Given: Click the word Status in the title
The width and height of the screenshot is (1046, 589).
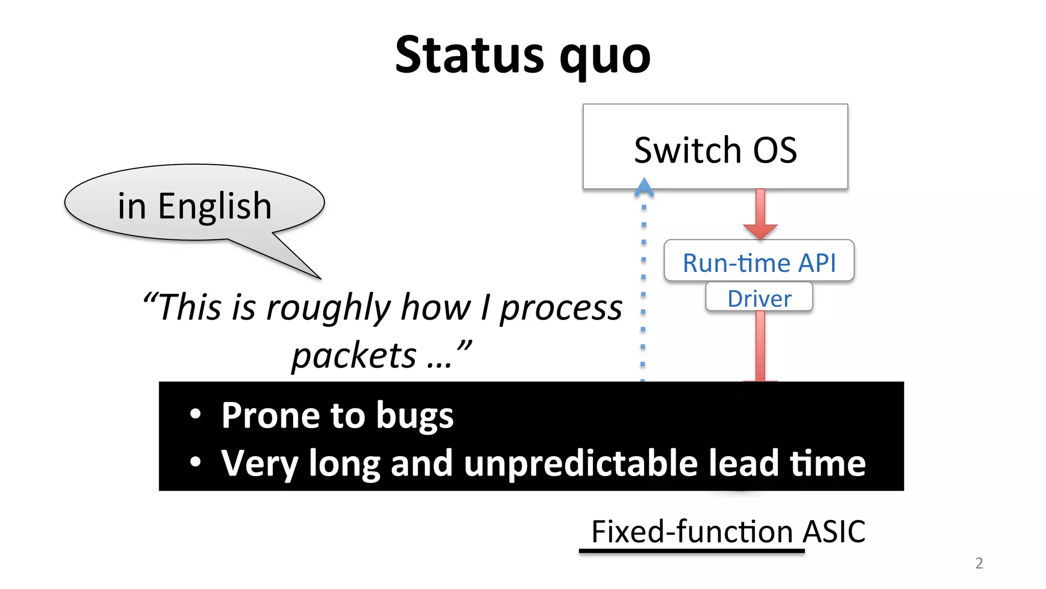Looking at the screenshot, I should click(x=469, y=55).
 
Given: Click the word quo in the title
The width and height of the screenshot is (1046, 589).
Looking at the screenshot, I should click(x=605, y=57).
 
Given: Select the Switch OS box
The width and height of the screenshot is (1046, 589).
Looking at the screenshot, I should click(x=715, y=147).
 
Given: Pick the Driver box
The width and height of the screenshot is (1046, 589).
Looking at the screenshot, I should click(x=759, y=298).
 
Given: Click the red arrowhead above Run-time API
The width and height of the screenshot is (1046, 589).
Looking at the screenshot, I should click(x=760, y=230).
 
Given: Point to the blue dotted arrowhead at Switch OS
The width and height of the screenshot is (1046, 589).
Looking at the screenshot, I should click(x=644, y=187).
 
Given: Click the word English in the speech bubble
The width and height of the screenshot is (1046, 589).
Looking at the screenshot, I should click(x=215, y=206).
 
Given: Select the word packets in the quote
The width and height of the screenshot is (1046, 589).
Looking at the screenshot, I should click(x=354, y=355).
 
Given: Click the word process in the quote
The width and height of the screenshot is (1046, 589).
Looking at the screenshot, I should click(x=560, y=308).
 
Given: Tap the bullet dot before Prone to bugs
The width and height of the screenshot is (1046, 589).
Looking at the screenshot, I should click(x=195, y=415).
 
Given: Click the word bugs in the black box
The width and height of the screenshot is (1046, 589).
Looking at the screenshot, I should click(x=414, y=416).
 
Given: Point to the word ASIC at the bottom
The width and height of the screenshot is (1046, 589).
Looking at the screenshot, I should click(x=834, y=532).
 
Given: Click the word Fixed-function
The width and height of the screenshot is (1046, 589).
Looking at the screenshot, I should click(x=692, y=532).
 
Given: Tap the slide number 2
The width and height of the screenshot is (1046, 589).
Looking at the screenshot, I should click(x=979, y=563).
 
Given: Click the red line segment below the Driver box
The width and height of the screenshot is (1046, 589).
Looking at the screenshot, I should click(x=760, y=345).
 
